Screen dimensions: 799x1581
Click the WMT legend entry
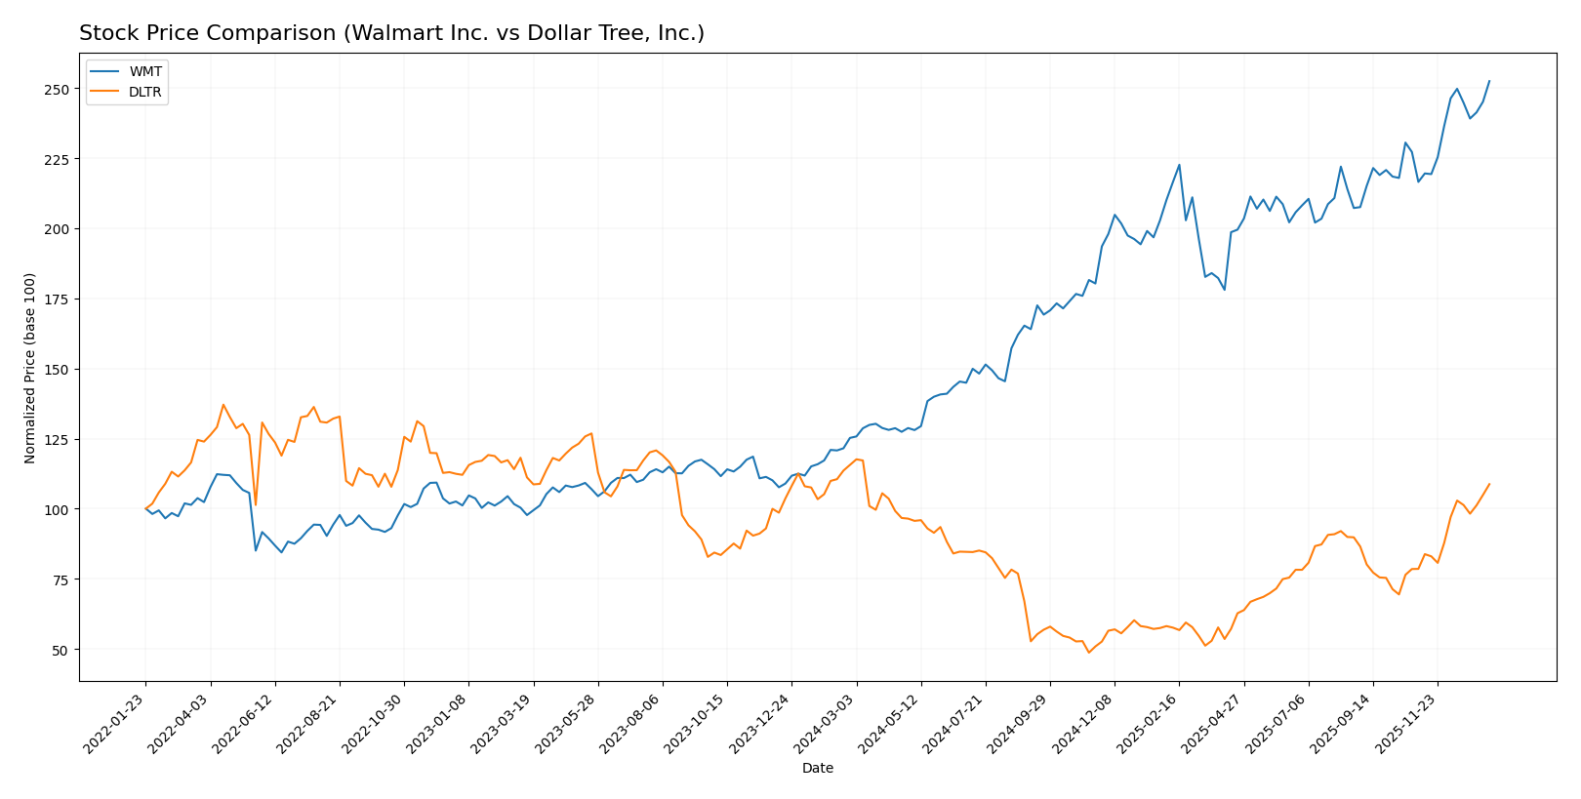click(x=142, y=72)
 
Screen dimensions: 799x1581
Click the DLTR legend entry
click(x=144, y=93)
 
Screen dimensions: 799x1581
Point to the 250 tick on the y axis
click(x=61, y=89)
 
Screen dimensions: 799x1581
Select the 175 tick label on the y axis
click(x=61, y=300)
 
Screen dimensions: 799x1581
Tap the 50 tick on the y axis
click(x=64, y=650)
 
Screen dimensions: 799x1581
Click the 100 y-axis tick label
click(x=61, y=510)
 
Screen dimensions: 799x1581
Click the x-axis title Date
click(x=817, y=769)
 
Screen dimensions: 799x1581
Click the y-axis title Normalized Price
click(x=30, y=368)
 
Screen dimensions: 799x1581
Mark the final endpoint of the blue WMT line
click(x=1489, y=81)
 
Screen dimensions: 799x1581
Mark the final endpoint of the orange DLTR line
click(x=1489, y=484)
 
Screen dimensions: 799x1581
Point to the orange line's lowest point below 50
click(x=1089, y=652)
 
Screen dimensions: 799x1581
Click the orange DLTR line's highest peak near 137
click(x=223, y=405)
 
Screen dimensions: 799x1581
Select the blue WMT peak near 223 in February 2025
click(x=1179, y=165)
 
